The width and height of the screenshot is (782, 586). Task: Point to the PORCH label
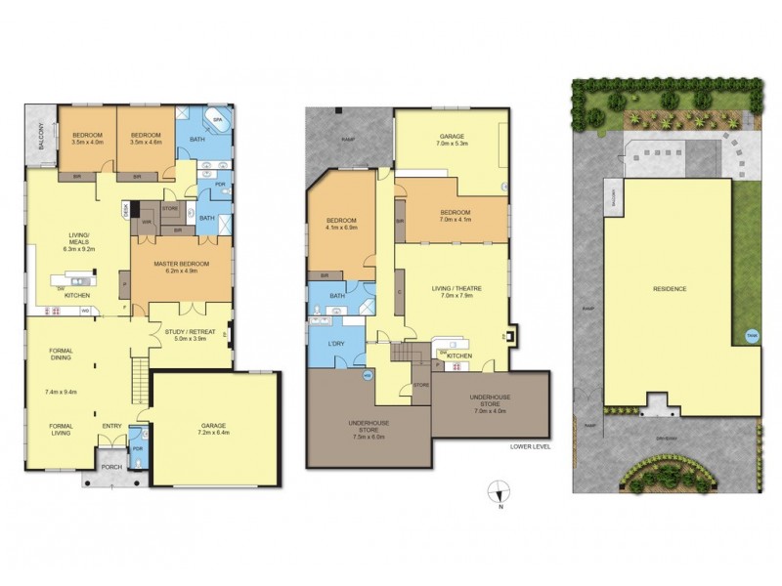114,481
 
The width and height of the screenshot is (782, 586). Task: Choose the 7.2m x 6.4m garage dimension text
211,434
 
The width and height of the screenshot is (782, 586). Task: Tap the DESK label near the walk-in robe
126,208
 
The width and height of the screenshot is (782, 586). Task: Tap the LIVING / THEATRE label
452,288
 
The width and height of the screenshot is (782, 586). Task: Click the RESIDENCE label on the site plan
669,290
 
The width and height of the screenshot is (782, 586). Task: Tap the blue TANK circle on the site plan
753,334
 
